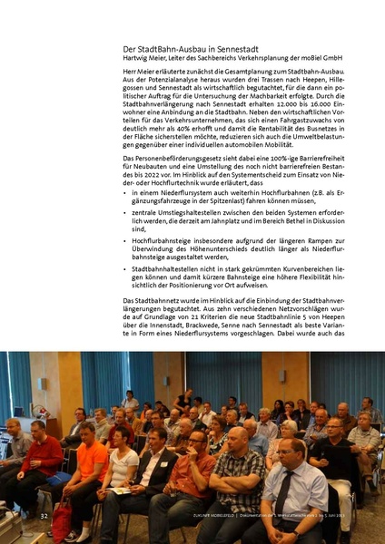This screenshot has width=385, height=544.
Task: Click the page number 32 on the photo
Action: (x=44, y=515)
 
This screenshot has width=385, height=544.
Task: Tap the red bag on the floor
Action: (x=62, y=523)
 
